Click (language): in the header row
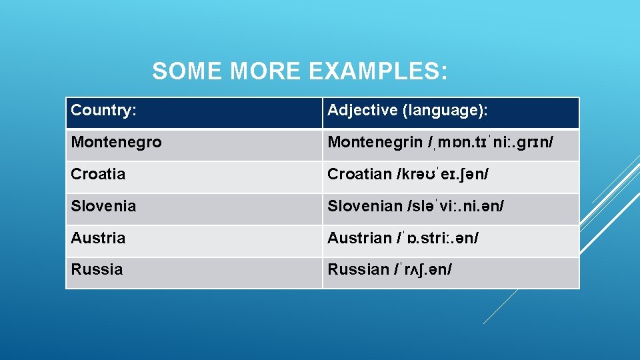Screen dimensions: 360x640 [x=450, y=110]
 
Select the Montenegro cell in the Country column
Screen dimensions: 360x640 [x=116, y=142]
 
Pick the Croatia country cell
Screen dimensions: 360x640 [x=98, y=174]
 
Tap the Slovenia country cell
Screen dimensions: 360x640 [x=103, y=206]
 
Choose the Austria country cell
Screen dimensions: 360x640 [x=98, y=238]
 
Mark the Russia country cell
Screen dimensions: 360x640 [x=97, y=269]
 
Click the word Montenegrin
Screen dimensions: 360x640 [x=375, y=142]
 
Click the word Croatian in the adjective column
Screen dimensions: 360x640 [x=359, y=174]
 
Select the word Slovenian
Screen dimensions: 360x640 [x=365, y=206]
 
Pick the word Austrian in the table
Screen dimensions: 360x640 [x=359, y=238]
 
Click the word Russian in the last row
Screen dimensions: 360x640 [x=358, y=269]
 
